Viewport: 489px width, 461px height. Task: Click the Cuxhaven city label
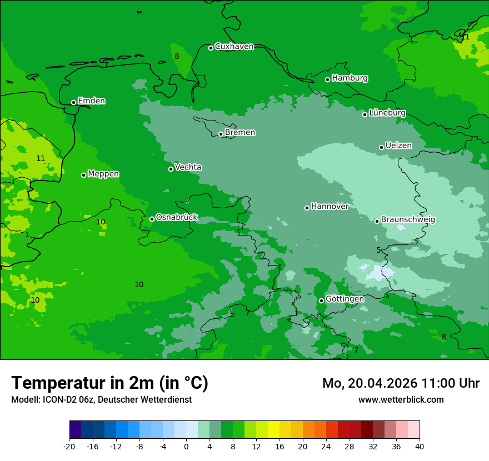pos(234,47)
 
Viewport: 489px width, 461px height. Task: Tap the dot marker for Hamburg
pos(328,79)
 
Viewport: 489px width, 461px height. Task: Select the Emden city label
pos(91,101)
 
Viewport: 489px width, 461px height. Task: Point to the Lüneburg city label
pos(387,113)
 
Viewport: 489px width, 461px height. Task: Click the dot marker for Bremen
pos(221,134)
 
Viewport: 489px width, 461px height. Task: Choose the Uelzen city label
pos(398,146)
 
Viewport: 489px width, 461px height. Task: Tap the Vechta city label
pos(188,167)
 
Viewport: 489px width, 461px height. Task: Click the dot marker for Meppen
pos(83,175)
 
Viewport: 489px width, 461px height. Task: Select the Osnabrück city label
pos(177,217)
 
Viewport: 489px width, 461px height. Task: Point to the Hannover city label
pos(330,207)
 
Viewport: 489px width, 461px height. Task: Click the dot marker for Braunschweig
pos(377,221)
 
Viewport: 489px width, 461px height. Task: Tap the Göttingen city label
pos(345,299)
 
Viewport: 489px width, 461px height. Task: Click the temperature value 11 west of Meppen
pos(41,158)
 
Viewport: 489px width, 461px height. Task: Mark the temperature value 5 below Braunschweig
pos(378,250)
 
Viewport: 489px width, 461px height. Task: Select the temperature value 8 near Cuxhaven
pos(177,56)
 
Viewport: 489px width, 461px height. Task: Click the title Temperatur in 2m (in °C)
pos(109,383)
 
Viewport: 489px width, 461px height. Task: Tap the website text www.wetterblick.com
pos(401,400)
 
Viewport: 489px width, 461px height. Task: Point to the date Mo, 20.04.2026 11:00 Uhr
pos(401,383)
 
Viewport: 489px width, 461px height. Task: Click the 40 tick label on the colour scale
pos(420,446)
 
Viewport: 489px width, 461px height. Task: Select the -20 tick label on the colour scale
pos(69,446)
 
